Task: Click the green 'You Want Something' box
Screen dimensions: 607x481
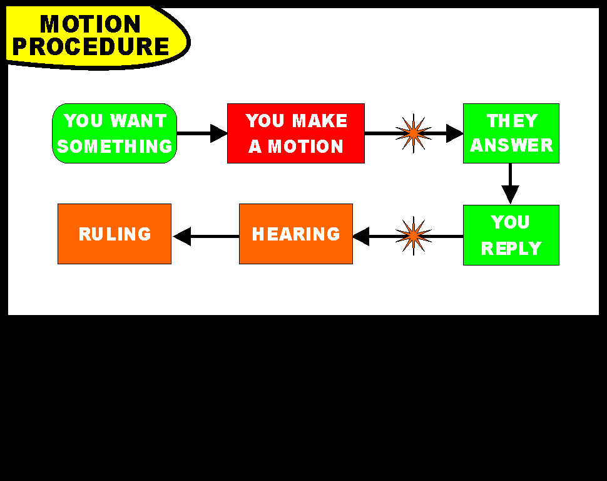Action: [115, 133]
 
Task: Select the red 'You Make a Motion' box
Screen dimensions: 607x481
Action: [296, 133]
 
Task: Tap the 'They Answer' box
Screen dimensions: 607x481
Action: [511, 133]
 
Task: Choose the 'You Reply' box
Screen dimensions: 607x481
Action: [511, 235]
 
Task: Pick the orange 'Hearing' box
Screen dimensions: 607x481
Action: [296, 234]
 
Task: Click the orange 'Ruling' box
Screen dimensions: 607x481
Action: [115, 234]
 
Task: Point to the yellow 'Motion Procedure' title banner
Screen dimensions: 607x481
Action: [98, 38]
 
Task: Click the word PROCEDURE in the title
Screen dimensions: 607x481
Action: [91, 46]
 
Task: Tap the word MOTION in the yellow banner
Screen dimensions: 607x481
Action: [90, 24]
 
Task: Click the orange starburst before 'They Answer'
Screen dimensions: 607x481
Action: [414, 133]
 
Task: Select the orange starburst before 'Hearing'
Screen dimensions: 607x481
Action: [414, 235]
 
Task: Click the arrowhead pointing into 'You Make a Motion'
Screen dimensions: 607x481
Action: [219, 133]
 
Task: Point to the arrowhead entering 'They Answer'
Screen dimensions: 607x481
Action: [455, 133]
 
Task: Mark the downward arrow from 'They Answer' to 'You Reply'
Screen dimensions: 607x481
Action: [510, 184]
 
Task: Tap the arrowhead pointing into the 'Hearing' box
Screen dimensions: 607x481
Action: [361, 236]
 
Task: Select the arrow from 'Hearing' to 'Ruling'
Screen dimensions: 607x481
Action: [206, 236]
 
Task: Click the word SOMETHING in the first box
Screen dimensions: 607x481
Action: [115, 146]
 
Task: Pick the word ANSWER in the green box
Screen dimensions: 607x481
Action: [511, 145]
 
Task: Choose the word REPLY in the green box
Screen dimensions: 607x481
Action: [511, 249]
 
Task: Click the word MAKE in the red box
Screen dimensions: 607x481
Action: [320, 120]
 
